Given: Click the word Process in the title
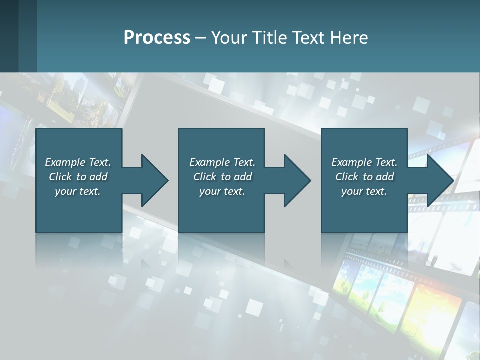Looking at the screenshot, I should coord(157,38).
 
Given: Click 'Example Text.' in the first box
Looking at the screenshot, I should coord(78,162).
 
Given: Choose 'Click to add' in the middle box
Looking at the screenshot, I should coord(222,177).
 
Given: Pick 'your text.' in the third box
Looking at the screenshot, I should coord(364,191).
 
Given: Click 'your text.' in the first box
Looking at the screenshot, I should coord(78,191).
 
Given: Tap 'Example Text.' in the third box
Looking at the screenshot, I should coord(364,162).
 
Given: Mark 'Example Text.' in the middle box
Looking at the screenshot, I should coord(222,162).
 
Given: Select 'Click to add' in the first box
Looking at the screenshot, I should coord(78,177).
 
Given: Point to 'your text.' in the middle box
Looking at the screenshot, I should coord(222,191).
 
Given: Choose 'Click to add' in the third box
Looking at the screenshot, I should coord(364,177).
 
